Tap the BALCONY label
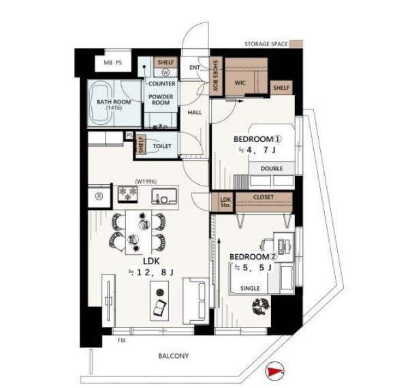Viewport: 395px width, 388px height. point(173,356)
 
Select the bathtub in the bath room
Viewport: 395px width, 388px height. point(101,103)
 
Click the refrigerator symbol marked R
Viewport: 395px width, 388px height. point(99,196)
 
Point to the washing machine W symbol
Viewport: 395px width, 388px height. point(165,73)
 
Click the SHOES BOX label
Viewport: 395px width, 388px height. point(216,76)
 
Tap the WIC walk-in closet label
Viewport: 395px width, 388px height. point(240,83)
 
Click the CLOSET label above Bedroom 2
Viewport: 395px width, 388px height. point(264,197)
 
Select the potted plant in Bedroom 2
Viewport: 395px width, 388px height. point(261,306)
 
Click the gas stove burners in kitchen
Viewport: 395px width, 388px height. point(128,194)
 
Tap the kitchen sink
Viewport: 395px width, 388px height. point(164,196)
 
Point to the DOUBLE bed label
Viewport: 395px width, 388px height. point(272,169)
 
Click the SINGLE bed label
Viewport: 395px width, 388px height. point(250,288)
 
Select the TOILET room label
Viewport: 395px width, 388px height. point(162,146)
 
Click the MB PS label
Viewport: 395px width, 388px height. point(113,63)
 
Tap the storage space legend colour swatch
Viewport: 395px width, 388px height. point(296,43)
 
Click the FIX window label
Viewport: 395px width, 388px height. point(121,340)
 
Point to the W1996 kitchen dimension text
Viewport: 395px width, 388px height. point(146,181)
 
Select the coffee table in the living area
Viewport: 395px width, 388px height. point(159,300)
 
